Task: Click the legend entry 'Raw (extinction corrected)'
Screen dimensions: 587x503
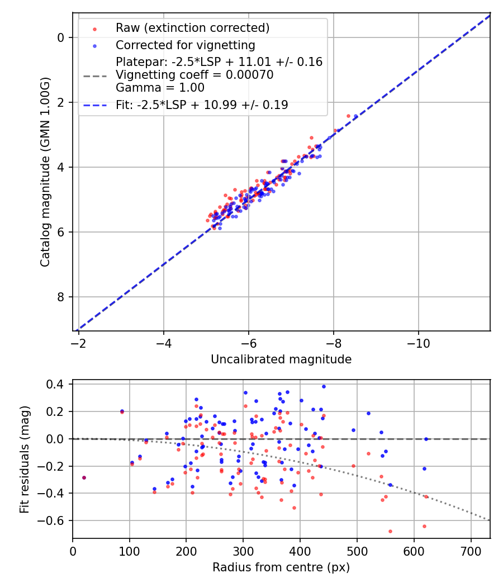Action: tap(192, 28)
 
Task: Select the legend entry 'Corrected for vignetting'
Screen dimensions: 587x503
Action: tap(185, 45)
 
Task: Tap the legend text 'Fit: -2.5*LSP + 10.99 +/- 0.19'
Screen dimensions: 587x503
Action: tap(202, 105)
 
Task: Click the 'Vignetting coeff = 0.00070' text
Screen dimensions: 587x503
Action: tap(194, 75)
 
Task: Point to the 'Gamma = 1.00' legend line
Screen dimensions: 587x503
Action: tap(160, 88)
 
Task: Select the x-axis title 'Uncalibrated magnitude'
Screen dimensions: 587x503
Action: tap(281, 359)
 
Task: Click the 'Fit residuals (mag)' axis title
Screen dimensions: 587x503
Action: tap(25, 459)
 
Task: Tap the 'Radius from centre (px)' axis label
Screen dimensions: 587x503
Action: tap(281, 567)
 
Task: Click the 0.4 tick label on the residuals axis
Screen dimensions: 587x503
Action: tap(58, 385)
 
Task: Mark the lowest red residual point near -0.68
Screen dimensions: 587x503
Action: tap(390, 531)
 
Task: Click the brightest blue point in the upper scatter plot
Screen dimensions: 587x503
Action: tap(355, 116)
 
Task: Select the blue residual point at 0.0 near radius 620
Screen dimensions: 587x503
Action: tap(426, 439)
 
